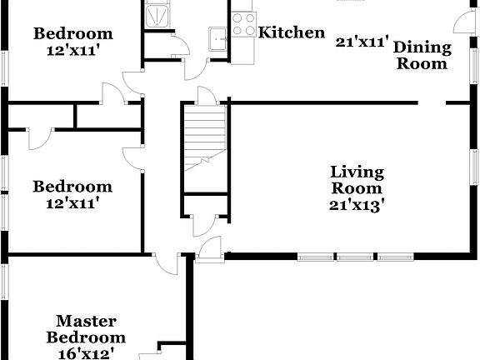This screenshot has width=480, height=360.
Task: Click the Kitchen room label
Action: (x=292, y=32)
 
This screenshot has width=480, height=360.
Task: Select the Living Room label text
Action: (x=356, y=180)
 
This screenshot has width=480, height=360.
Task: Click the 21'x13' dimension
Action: (x=357, y=204)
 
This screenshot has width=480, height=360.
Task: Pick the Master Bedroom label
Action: (x=86, y=329)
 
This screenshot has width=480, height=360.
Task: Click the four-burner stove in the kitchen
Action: (x=243, y=24)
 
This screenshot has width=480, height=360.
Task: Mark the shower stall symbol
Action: (x=156, y=14)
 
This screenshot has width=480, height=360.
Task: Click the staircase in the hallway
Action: (x=205, y=137)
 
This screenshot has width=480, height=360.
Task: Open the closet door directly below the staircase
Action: (x=205, y=223)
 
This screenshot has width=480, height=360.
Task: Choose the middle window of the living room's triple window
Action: (x=357, y=257)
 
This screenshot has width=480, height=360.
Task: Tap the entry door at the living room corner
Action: (x=210, y=247)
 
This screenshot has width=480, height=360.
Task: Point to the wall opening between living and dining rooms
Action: (x=432, y=102)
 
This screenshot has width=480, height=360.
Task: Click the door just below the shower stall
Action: (x=181, y=45)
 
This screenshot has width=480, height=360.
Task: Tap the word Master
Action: (x=86, y=321)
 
